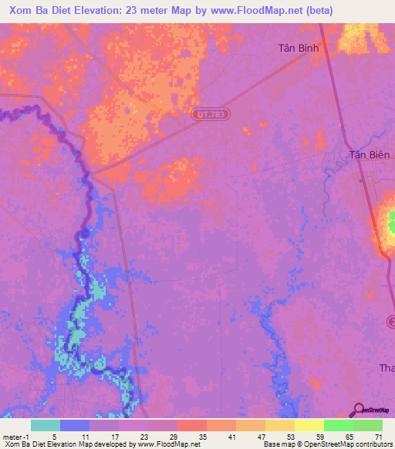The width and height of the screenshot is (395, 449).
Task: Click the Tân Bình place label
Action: [x=298, y=47]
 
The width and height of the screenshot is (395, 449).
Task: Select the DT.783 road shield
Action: [x=211, y=114]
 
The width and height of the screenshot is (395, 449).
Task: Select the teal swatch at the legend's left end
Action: [x=46, y=425]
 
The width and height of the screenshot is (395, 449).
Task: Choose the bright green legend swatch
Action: [x=339, y=425]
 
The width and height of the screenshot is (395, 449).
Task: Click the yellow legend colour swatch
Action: [x=309, y=425]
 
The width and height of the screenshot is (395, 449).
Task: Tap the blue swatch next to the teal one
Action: [x=75, y=425]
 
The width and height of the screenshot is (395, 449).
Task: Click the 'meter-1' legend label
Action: [x=15, y=435]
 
